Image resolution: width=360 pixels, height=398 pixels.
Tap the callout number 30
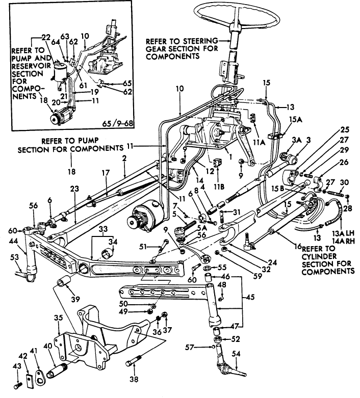tap(344, 181)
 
